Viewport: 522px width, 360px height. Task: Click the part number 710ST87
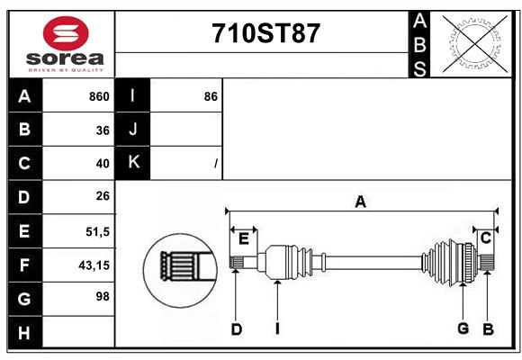pos(266,33)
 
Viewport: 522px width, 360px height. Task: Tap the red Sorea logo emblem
pos(66,33)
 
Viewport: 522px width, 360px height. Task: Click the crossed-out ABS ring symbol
pos(476,44)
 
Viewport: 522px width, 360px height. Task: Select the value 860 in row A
pos(99,96)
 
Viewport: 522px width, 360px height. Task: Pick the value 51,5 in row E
pos(98,231)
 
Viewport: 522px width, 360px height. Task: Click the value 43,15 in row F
pos(94,265)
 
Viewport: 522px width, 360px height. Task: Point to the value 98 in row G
pos(103,296)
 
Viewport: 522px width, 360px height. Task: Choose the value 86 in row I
pos(211,96)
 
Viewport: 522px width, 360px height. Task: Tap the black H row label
pos(25,332)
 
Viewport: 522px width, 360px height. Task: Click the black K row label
pos(132,163)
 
